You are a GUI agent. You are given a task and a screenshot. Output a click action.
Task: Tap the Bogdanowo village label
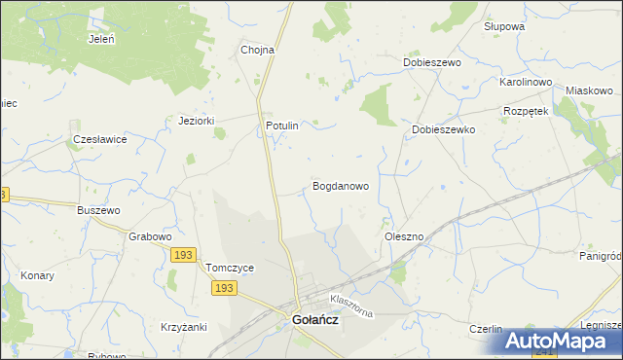coord(340,185)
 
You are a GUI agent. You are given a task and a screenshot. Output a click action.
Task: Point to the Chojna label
coord(258,50)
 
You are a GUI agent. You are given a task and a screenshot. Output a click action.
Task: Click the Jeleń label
coord(101,40)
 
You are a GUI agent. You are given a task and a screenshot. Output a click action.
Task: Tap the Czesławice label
coord(100,139)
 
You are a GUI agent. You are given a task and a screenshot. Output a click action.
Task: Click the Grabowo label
coord(150,236)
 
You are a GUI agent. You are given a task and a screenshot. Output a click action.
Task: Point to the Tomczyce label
coord(230,268)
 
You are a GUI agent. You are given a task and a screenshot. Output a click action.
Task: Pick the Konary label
coord(37,275)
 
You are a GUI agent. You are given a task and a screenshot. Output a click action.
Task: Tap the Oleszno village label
coord(403,236)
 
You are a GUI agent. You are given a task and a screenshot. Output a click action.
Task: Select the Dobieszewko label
coord(443,128)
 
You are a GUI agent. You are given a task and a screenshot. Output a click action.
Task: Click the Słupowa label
coord(504,26)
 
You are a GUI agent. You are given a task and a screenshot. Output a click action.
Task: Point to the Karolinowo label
coord(527,83)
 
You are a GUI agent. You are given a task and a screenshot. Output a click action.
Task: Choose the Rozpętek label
coord(527,111)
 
